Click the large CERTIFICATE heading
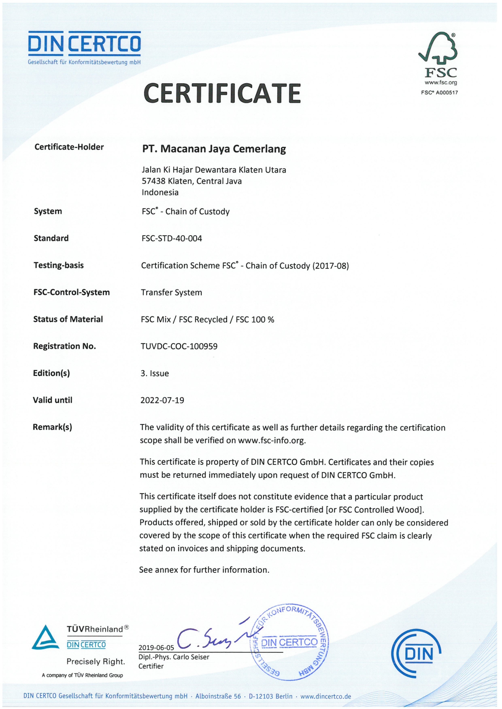[222, 93]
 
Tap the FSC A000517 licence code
[439, 93]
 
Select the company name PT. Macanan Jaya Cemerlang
[214, 149]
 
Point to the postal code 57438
[153, 181]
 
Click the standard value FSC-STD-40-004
[172, 238]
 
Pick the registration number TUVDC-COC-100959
[179, 346]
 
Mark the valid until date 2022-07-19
[162, 400]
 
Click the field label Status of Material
[68, 319]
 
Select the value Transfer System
[171, 293]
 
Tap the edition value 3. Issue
[155, 373]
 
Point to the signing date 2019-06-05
[156, 648]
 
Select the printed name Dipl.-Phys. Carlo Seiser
[174, 657]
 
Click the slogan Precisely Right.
[96, 662]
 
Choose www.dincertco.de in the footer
[325, 696]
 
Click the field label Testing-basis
[59, 266]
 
